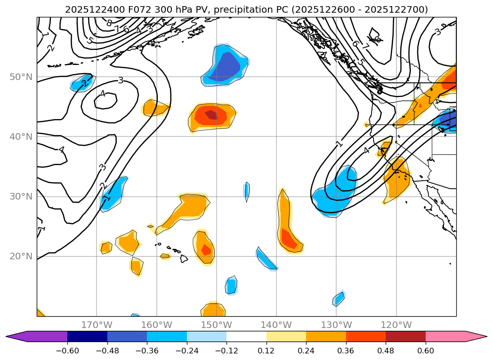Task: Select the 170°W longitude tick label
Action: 97,325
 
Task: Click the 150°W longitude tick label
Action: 217,325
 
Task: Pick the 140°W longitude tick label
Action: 276,325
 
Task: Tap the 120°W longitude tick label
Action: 396,325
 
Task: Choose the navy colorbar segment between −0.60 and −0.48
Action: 87,336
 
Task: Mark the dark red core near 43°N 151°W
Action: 211,114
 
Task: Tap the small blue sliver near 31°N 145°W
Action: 247,191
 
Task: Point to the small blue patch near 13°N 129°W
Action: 339,299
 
